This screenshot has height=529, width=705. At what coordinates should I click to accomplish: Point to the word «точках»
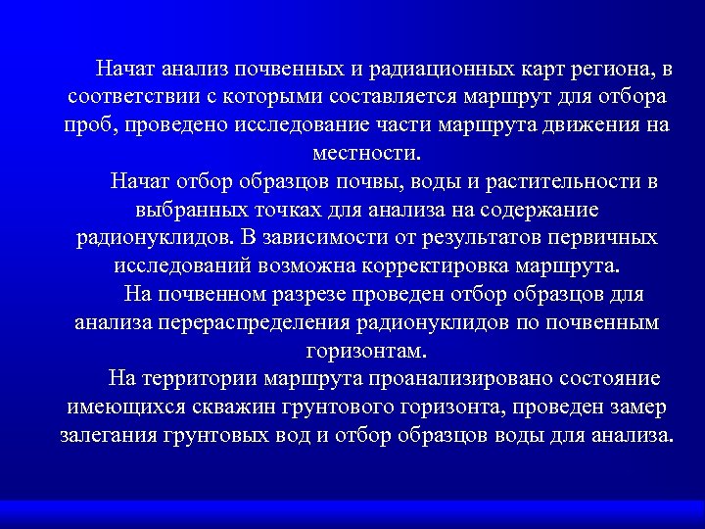pyautogui.click(x=303, y=211)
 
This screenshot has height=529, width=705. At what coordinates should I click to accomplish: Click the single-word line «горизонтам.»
pyautogui.click(x=366, y=351)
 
